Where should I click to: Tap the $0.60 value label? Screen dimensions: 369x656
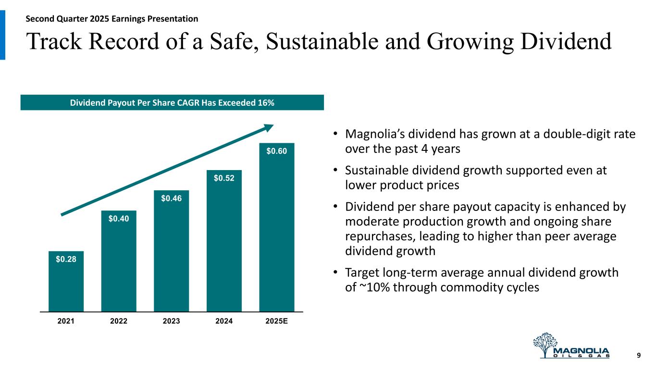tap(277, 151)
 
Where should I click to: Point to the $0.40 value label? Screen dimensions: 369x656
tap(118, 219)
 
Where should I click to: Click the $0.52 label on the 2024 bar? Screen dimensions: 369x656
tap(224, 179)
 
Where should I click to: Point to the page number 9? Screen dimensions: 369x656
tap(639, 356)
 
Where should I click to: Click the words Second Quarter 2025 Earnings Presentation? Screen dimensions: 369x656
tap(111, 19)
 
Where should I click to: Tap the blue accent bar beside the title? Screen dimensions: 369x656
tap(2, 35)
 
